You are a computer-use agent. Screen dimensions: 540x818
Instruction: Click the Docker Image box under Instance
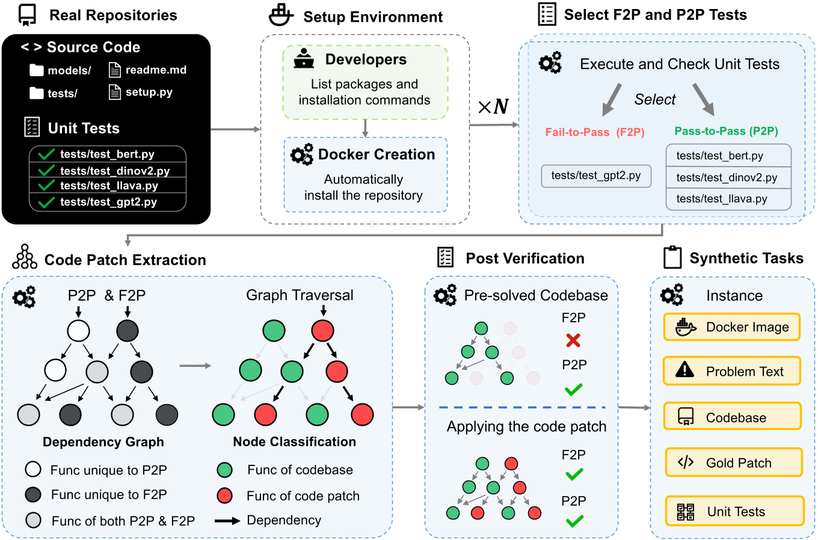732,327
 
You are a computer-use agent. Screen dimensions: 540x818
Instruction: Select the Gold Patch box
733,462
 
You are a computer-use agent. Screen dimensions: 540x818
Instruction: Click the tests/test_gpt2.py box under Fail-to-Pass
595,176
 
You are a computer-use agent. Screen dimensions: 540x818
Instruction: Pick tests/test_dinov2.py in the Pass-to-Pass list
727,177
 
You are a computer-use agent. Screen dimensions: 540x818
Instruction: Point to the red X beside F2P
573,340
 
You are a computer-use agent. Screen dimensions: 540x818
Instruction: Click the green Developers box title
365,60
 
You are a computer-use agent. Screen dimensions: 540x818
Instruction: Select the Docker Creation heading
376,155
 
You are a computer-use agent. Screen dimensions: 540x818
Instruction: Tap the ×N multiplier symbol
493,107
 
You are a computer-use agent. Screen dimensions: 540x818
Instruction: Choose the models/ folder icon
37,70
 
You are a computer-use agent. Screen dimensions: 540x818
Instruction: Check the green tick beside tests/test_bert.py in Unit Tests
46,154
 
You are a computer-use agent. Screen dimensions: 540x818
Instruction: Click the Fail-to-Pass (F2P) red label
594,132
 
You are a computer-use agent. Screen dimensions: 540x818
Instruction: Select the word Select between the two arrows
654,99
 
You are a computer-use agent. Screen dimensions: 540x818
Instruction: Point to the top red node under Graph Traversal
323,331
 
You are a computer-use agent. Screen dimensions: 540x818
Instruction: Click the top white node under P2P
78,331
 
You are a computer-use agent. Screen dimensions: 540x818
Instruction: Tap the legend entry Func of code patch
303,496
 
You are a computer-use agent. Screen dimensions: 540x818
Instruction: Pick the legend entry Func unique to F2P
108,494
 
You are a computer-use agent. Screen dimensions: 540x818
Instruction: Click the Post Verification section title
524,259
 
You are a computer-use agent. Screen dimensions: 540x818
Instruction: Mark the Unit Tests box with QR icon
734,511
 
